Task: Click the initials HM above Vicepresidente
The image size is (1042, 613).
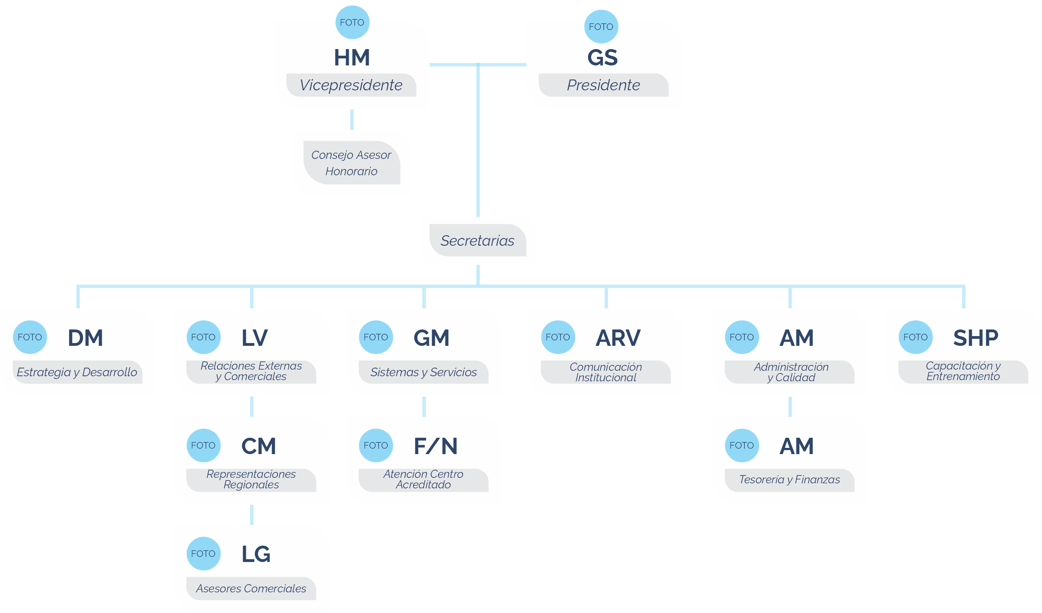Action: (x=351, y=58)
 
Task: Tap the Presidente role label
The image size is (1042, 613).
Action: (x=603, y=85)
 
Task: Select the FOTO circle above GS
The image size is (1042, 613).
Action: (x=601, y=27)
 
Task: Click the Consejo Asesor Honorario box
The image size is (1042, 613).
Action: (x=351, y=163)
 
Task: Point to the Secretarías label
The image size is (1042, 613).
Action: (x=478, y=241)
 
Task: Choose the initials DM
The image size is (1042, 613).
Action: (x=85, y=338)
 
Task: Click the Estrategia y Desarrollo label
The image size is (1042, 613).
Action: (x=77, y=372)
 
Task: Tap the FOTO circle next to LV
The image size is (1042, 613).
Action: (x=203, y=337)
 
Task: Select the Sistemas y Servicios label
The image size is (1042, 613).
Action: (x=424, y=372)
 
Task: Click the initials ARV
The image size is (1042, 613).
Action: (x=618, y=338)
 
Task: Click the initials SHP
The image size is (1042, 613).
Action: (x=975, y=338)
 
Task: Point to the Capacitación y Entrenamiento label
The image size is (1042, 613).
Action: (x=963, y=371)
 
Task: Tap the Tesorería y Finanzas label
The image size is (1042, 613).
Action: (x=789, y=479)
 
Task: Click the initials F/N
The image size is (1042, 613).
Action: (x=435, y=446)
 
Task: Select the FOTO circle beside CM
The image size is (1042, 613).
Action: (x=203, y=446)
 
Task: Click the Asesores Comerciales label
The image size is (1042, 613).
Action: (x=251, y=588)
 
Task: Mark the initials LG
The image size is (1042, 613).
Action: (x=256, y=554)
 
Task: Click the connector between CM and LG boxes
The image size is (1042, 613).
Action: (x=251, y=514)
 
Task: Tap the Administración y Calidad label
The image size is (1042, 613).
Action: (x=791, y=372)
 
